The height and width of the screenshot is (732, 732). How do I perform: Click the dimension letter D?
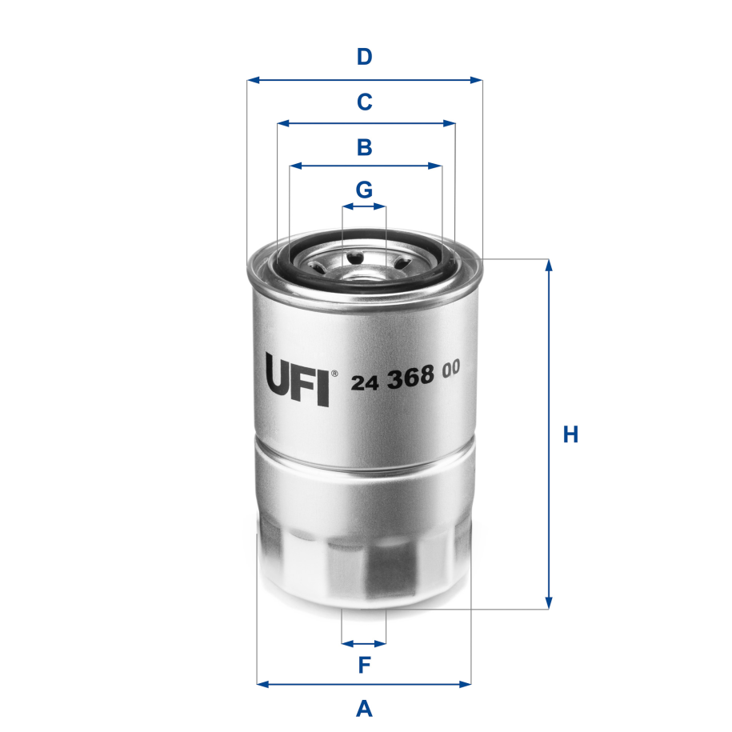tap(364, 58)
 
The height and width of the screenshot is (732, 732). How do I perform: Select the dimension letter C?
tap(364, 102)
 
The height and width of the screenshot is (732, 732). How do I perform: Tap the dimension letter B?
tap(364, 147)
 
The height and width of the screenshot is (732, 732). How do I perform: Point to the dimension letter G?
tap(364, 190)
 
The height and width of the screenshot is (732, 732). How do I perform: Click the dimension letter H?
tap(570, 435)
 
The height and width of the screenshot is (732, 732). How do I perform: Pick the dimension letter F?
tap(364, 664)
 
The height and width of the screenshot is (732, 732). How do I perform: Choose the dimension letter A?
tap(364, 708)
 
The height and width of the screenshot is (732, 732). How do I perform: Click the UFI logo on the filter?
tap(297, 380)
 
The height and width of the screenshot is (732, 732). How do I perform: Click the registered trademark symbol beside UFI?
tap(334, 373)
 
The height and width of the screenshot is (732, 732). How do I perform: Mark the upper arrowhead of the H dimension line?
tap(549, 265)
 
